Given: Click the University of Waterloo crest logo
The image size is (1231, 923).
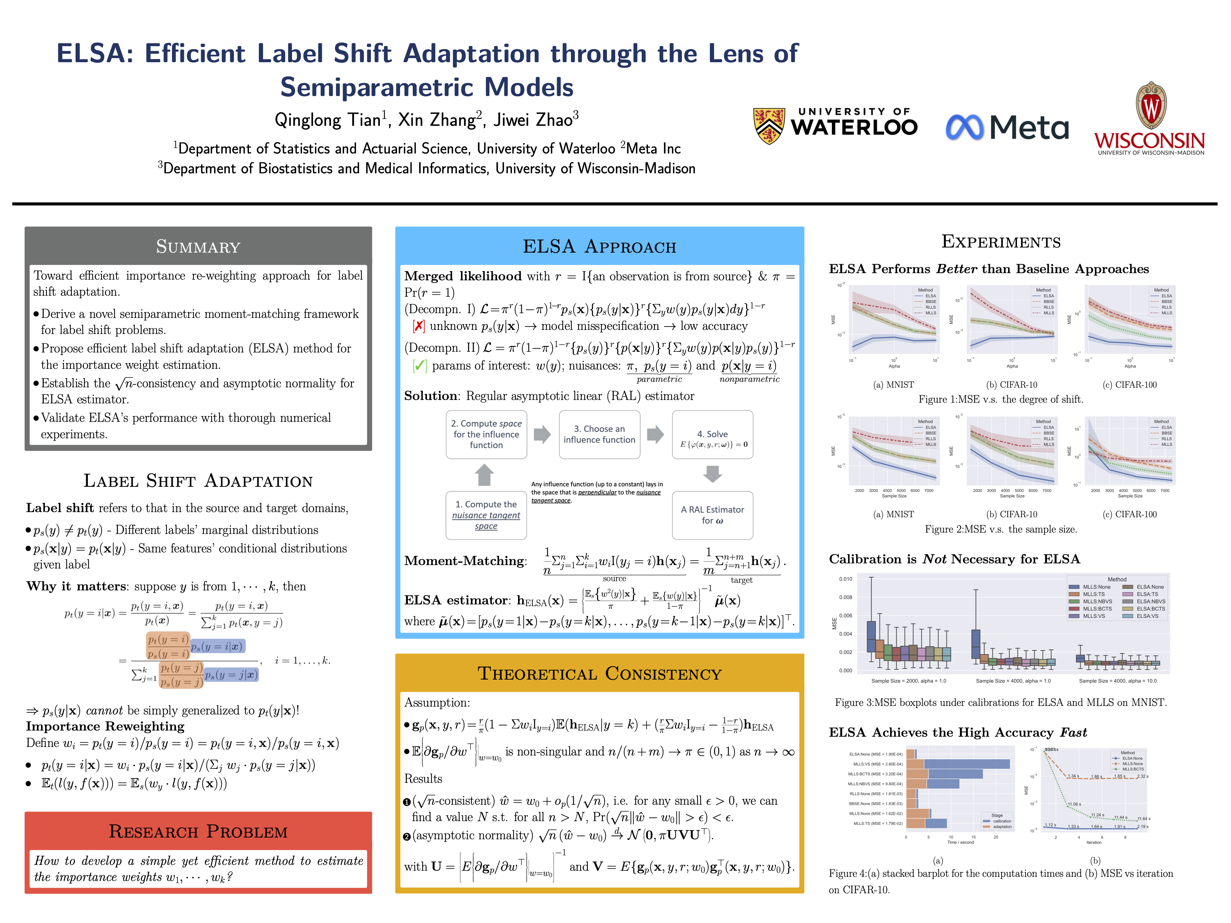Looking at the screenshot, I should click(x=769, y=126).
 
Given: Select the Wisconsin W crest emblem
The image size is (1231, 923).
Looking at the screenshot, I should click(x=1151, y=106).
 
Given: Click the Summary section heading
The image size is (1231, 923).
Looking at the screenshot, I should click(x=198, y=246).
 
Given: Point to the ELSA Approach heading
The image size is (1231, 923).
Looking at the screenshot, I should click(x=599, y=246).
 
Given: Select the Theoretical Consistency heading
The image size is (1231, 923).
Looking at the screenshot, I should click(x=599, y=674).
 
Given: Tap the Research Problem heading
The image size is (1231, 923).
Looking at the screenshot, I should click(x=198, y=831).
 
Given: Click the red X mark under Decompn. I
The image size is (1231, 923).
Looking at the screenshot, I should click(x=419, y=326).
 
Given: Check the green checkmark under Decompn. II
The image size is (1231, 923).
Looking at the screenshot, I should click(x=420, y=365).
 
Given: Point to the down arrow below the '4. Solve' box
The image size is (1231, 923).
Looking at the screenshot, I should click(x=712, y=474).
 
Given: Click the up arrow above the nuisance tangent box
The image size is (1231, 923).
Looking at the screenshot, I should click(x=484, y=474).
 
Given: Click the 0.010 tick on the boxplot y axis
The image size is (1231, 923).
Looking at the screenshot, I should click(x=845, y=579).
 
